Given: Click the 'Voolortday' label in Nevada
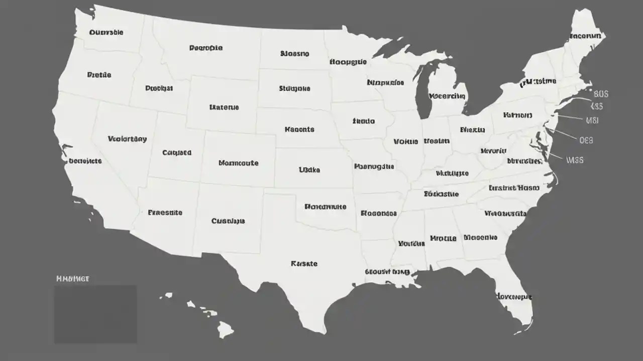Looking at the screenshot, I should pos(128,139).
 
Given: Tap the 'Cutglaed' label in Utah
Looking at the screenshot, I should pos(177,152).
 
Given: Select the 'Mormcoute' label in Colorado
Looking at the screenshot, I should pos(239,163).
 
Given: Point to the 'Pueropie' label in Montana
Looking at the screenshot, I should pos(206,48).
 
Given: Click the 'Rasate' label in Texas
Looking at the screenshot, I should pos(304,263).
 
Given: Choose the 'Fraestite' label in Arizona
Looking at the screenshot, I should pos(165,213).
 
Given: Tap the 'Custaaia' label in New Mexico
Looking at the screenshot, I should pos(228,221).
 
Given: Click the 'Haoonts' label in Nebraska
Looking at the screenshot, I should pos(299,129).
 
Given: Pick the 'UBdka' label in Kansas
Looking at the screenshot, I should pos(309,170).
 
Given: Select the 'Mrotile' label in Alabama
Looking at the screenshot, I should pos(444,238).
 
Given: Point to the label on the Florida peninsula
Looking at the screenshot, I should pos(514,296).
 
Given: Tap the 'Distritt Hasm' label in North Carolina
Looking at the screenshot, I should pos(514,188).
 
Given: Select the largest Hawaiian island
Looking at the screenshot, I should pos(226,329).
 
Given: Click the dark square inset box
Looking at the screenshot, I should pos(95,314).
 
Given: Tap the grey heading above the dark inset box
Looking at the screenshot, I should pos(73,278).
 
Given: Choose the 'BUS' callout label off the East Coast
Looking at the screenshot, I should pos(601,94).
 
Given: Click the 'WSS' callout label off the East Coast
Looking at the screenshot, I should pos(575,160).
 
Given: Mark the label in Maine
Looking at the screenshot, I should pos(585,37).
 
